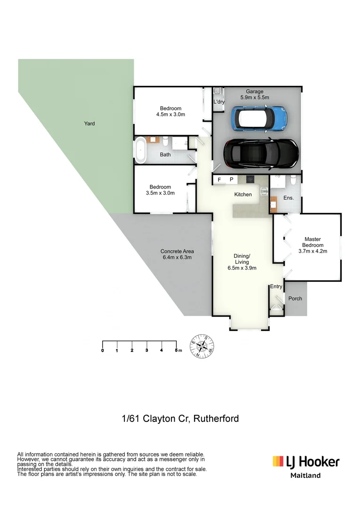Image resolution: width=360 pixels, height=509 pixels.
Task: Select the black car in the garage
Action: click(261, 153)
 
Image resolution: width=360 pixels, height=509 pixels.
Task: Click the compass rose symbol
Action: click(203, 347)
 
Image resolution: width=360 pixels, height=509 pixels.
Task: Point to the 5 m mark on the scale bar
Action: click(177, 350)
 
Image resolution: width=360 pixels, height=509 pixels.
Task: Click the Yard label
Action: click(90, 123)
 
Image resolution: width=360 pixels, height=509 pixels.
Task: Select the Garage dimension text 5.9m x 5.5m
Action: click(254, 98)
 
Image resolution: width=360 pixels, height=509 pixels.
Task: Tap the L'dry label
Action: click(219, 102)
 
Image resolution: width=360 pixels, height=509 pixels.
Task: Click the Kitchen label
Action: click(243, 194)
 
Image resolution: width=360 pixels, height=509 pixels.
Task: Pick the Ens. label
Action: click(288, 198)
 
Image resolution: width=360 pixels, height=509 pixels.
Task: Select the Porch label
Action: click(295, 298)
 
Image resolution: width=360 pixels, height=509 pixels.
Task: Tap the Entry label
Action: click(276, 287)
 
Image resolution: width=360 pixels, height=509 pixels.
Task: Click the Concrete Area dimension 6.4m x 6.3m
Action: click(177, 257)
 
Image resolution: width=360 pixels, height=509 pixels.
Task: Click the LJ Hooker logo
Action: click(306, 461)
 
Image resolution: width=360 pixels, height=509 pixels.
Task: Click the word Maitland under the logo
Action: click(305, 476)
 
